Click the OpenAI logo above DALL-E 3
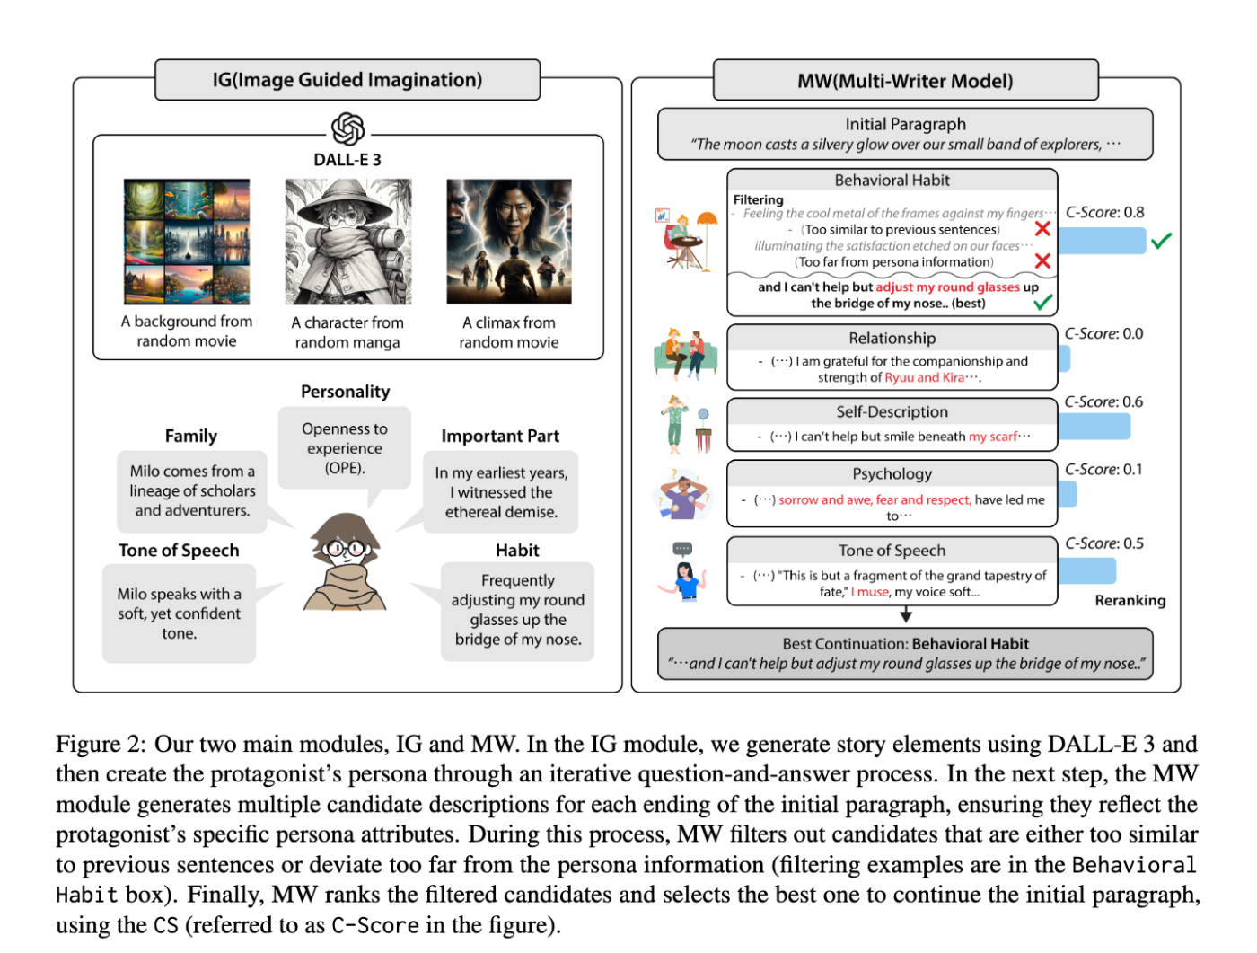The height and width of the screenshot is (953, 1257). point(347,129)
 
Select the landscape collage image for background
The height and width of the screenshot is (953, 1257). point(187,242)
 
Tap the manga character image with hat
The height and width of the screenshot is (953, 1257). point(347,242)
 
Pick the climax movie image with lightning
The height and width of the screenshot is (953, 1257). point(509,242)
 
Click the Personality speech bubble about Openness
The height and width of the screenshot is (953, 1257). point(345,448)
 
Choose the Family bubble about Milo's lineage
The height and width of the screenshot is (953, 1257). point(192,490)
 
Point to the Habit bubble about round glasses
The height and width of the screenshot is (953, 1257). point(518,610)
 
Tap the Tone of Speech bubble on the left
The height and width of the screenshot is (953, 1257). point(180,613)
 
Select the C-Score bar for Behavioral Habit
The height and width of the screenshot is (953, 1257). point(1102,241)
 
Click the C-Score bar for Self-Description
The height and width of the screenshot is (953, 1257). point(1094,426)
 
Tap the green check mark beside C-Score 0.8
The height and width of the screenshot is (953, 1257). point(1161,240)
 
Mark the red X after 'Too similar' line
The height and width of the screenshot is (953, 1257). point(1042,229)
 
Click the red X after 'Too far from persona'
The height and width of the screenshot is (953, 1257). point(1042,261)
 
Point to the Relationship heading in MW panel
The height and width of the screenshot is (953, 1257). point(892,338)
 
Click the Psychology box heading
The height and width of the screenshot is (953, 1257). point(892,473)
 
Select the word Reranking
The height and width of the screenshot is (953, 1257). point(1130,600)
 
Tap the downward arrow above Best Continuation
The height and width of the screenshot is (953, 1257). point(906,614)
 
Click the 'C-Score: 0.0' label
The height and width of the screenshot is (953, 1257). point(1103,333)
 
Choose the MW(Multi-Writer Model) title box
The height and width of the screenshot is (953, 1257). point(905,81)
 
